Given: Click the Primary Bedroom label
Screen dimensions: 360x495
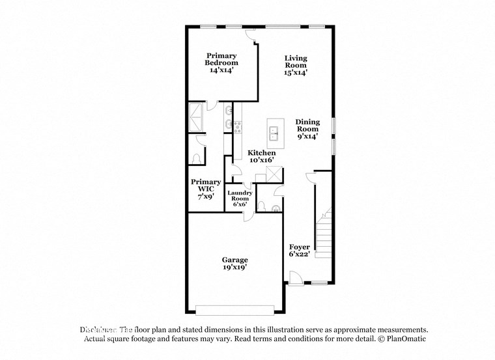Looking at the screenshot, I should pos(221,62).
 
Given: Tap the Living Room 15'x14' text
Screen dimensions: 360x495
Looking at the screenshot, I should pos(295,66).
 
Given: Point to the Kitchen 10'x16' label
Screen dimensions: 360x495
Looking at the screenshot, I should pos(257,156).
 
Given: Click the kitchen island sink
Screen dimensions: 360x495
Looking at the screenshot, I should pos(276,134).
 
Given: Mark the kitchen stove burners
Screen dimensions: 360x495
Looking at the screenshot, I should pos(237,125).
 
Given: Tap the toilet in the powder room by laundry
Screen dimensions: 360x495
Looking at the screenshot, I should pos(262,207).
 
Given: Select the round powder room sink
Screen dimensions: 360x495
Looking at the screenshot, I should pos(276,208).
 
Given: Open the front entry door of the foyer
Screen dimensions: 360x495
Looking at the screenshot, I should pos(294,279).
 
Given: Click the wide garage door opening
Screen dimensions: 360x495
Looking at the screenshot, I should pos(235,309).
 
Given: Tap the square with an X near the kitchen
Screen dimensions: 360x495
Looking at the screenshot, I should pos(276,173).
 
